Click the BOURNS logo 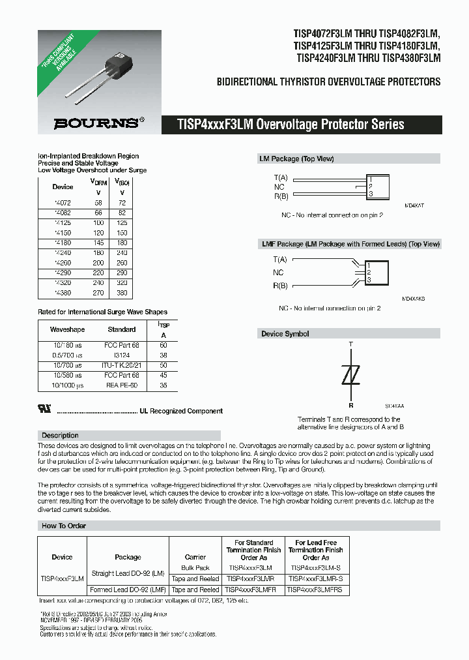pos(95,123)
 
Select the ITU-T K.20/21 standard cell pos(122,366)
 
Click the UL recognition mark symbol pos(45,411)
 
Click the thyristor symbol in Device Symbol pos(351,376)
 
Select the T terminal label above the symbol pos(350,344)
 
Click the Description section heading pos(60,435)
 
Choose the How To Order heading pos(63,525)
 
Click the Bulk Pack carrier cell pos(195,567)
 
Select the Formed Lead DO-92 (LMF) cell pos(128,590)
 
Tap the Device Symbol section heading pos(285,334)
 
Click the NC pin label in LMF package pos(278,273)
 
